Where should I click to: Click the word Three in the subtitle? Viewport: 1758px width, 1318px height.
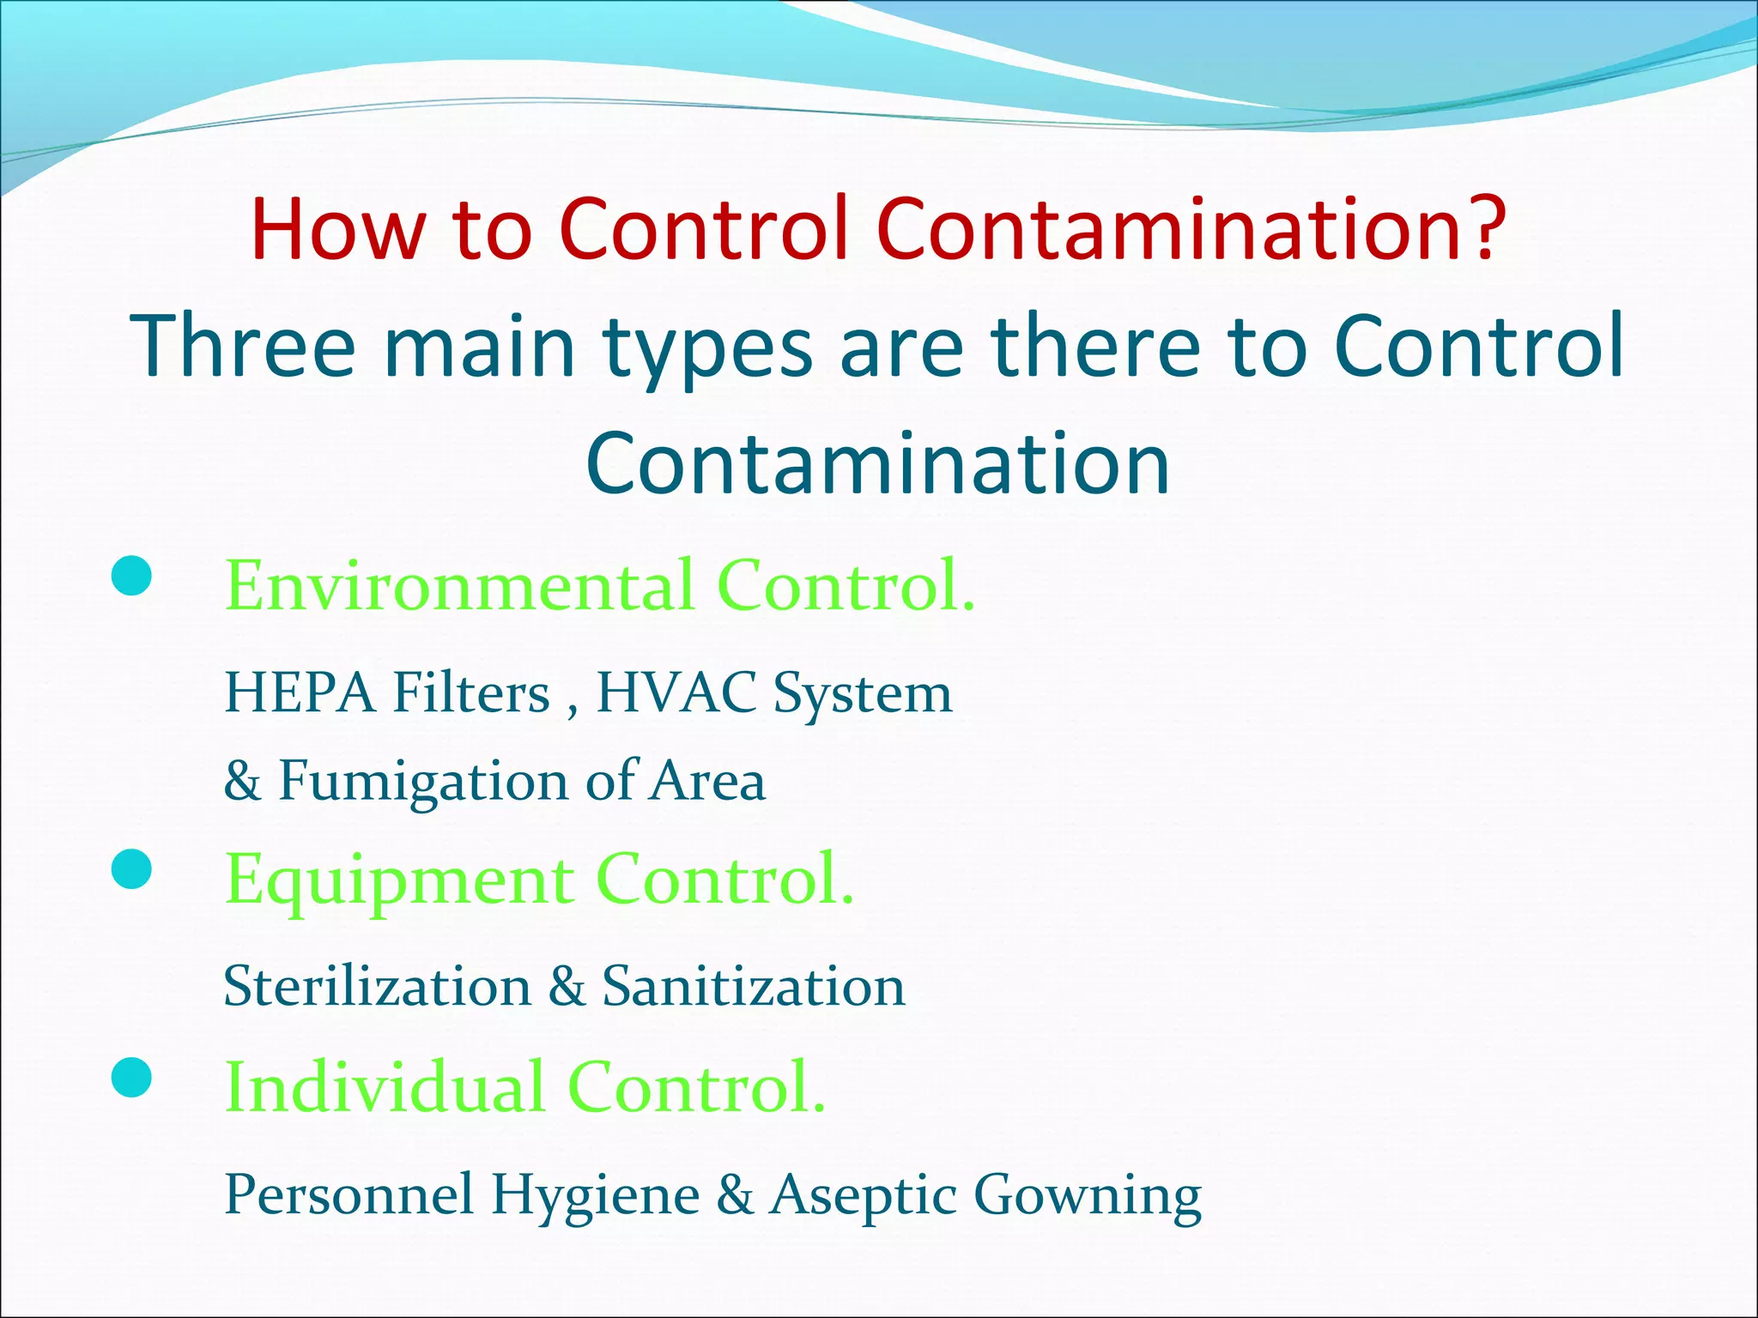(242, 345)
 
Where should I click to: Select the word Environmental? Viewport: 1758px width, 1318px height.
(459, 585)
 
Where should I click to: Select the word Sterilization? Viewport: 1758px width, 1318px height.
(377, 986)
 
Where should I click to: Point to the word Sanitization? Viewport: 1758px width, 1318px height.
(753, 986)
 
